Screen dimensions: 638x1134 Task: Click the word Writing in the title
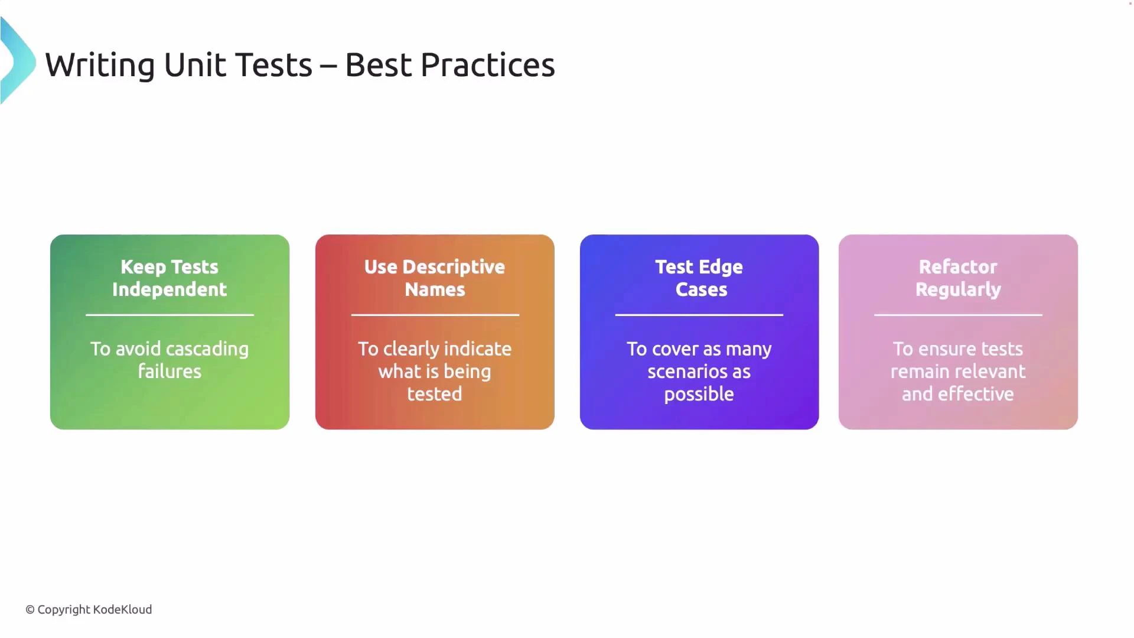click(x=100, y=65)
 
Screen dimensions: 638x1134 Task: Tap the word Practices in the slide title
click(x=487, y=65)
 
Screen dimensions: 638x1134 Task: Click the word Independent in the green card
click(x=170, y=289)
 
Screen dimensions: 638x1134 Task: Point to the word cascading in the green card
click(x=207, y=349)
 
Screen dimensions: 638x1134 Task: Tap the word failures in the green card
click(x=170, y=372)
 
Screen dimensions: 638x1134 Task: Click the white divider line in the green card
click(x=170, y=315)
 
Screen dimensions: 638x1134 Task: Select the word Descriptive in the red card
click(x=453, y=267)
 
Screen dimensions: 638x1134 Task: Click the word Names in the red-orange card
click(x=435, y=289)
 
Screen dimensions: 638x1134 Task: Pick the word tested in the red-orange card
click(x=435, y=394)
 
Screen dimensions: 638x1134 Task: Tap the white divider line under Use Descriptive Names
click(x=435, y=315)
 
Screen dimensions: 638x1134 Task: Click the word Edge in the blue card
click(x=721, y=267)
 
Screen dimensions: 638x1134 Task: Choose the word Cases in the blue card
click(x=701, y=289)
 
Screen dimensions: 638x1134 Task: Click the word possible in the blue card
click(x=699, y=394)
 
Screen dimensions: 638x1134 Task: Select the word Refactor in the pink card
click(x=957, y=267)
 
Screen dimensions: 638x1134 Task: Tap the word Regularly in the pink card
click(x=957, y=289)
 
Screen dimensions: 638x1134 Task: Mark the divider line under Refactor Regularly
click(x=957, y=315)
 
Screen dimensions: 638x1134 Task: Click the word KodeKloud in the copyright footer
click(x=122, y=610)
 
